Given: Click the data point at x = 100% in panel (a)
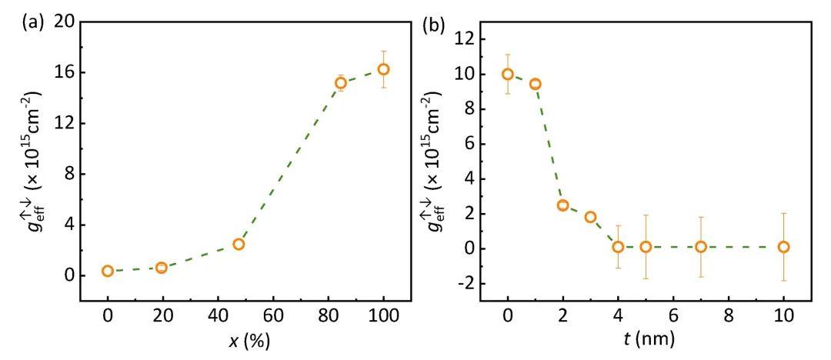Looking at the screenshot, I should coord(383,69).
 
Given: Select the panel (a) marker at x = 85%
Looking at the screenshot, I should coord(341,82).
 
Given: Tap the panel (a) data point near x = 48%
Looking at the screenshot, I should coord(239,244).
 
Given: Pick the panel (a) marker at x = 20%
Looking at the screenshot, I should coord(162,268).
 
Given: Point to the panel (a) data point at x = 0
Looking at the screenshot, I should coord(108,271).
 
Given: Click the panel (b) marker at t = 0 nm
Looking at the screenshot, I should coord(508,74).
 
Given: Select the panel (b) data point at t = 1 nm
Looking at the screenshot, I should coord(535,84).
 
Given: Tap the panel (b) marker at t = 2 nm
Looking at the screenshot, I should coord(562,205).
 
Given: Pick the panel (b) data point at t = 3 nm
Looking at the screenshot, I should coord(590,217).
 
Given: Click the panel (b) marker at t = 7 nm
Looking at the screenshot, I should coord(701,247).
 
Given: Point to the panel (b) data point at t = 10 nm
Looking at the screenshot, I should coord(783,247).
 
